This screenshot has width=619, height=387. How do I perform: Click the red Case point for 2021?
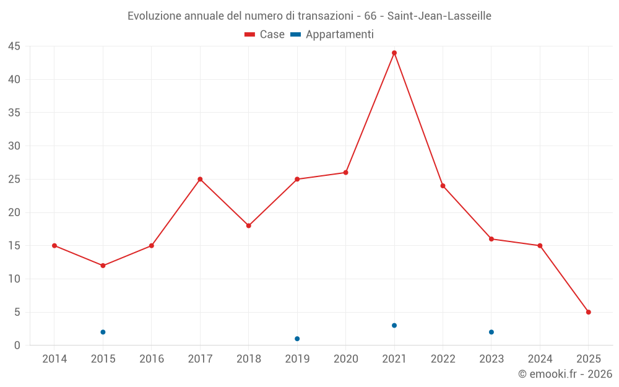[394, 53]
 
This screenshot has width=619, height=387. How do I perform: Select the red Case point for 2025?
[589, 312]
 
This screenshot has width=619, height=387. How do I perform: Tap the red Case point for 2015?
[103, 266]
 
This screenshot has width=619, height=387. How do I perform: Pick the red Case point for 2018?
[249, 225]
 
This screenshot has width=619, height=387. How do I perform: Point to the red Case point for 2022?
[443, 186]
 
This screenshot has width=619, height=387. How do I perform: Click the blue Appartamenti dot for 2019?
[297, 339]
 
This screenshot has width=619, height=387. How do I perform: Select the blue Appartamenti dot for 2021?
[394, 326]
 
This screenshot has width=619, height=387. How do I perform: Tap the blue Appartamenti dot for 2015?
[103, 332]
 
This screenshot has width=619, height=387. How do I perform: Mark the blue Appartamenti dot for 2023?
[491, 332]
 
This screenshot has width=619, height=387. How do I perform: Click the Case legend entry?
[264, 35]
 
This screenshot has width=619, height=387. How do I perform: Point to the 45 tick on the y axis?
[14, 46]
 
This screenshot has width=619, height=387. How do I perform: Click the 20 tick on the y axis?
[14, 212]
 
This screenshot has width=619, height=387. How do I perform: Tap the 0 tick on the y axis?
[17, 346]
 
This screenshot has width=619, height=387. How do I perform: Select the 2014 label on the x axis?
[54, 359]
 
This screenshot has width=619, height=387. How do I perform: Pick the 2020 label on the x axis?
[346, 359]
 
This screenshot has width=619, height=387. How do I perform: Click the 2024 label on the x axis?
[540, 359]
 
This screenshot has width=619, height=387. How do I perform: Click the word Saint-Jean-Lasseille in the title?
[439, 16]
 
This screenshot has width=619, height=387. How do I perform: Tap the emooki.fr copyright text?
[565, 374]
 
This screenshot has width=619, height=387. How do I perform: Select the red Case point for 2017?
[200, 179]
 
